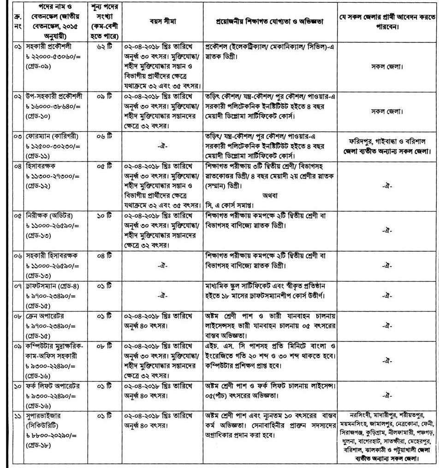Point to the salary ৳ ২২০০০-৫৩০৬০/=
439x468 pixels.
pyautogui.click(x=50, y=56)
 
